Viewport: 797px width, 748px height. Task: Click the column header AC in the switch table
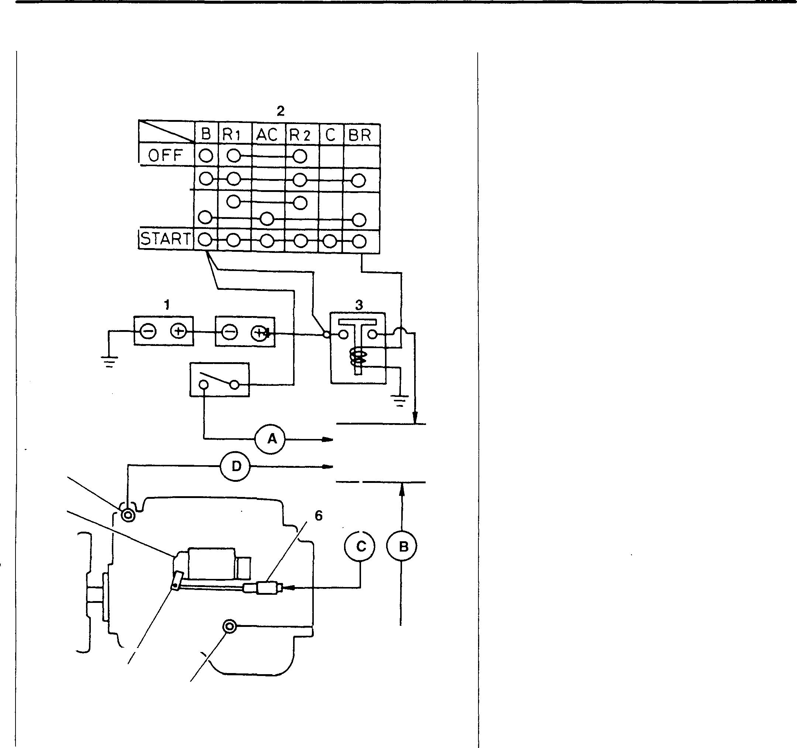267,135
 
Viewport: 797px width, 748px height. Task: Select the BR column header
360,135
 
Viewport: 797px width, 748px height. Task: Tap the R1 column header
231,135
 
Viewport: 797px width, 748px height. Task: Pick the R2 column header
300,135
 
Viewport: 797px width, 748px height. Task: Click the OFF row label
166,155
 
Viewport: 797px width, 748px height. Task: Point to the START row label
166,239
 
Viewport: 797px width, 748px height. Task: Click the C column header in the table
330,135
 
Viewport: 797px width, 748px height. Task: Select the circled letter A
271,439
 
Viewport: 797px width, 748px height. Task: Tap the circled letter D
236,466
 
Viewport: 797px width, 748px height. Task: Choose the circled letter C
360,546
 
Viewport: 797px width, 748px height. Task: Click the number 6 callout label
318,516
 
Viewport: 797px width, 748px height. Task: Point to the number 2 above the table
281,111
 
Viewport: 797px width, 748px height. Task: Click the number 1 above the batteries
167,305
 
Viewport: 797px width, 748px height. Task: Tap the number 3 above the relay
359,305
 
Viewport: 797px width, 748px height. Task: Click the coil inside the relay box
358,357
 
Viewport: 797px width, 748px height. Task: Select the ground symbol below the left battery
109,362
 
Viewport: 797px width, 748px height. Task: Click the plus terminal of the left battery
179,331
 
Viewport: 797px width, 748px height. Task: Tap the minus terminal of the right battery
230,332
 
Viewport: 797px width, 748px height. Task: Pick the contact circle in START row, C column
330,241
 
